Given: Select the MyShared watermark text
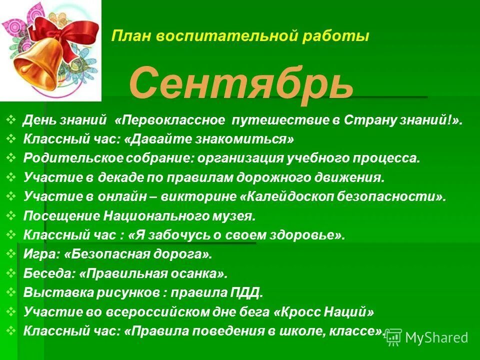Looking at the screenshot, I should [x=436, y=337].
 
